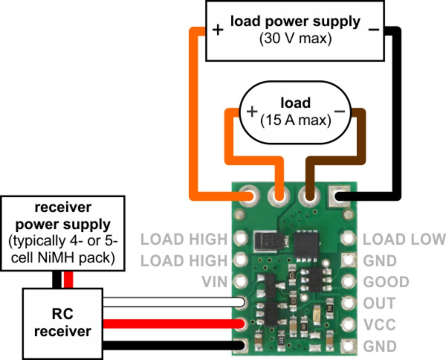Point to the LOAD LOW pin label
click(x=406, y=240)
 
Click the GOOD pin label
click(x=387, y=282)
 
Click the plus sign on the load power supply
click(x=218, y=30)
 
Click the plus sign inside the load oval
click(x=251, y=112)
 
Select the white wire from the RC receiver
click(x=171, y=303)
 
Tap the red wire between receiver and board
click(x=171, y=324)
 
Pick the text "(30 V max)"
click(x=296, y=38)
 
